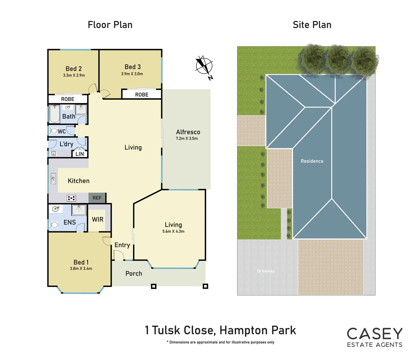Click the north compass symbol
coord(204,66)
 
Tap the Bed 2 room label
coord(74,69)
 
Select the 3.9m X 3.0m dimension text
coord(132,74)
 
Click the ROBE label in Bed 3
coord(142,95)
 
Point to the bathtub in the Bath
coord(54,114)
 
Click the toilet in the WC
coord(53,131)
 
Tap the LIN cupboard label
coord(80,154)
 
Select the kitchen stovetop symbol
coord(71,198)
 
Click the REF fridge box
coord(97,198)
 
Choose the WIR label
coord(98,219)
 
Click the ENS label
coord(70,222)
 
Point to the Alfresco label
coord(188,132)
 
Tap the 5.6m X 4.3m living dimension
coord(173,231)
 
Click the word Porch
coord(134,273)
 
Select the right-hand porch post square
coord(205,286)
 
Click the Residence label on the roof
coord(312,161)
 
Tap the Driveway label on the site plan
coord(266,271)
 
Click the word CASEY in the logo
coord(375,334)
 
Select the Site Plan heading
coord(312,25)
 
